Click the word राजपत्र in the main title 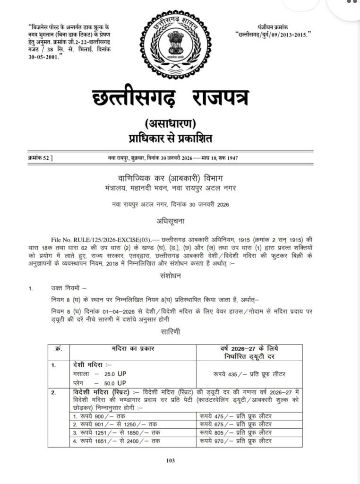click(x=220, y=98)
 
